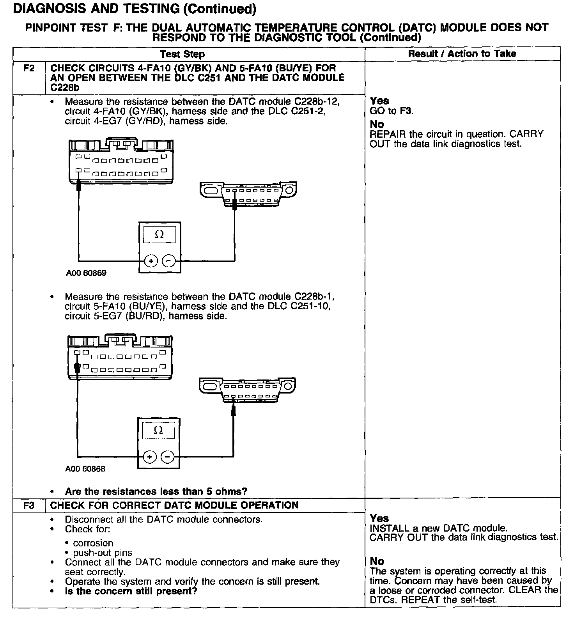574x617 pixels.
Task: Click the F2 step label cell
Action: [29, 68]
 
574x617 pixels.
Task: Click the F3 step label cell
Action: [29, 505]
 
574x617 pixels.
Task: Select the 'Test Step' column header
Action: [182, 54]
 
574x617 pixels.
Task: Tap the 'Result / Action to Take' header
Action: [462, 54]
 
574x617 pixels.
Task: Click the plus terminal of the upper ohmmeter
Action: [151, 261]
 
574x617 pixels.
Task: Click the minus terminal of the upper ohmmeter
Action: [169, 261]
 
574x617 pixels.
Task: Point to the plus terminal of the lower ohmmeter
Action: [150, 456]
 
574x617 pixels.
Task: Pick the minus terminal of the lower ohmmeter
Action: [167, 456]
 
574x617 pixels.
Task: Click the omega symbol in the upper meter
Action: [159, 234]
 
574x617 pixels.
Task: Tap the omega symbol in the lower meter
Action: [158, 430]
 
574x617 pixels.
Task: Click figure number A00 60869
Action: [86, 273]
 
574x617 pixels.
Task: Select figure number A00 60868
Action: [85, 469]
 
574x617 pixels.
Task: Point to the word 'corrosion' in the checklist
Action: [93, 543]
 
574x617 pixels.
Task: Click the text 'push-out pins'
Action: [103, 553]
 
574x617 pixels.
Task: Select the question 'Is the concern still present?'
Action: [131, 591]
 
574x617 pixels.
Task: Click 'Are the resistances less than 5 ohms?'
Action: [156, 491]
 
